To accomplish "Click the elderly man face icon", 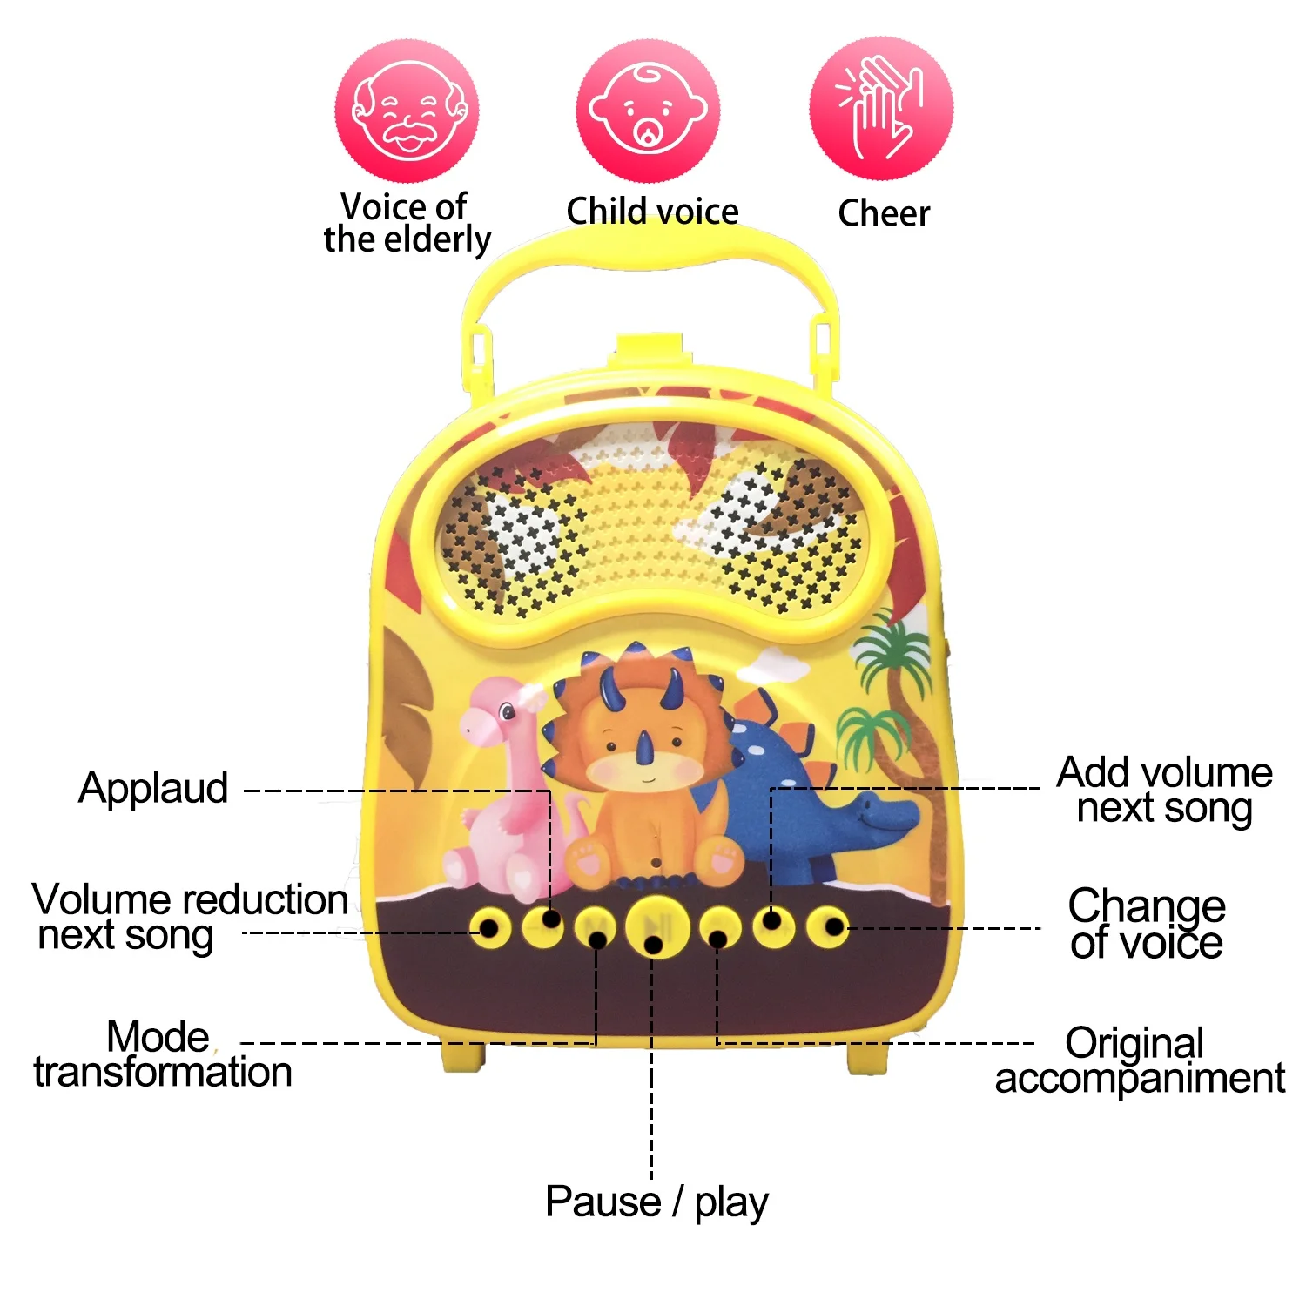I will (x=407, y=111).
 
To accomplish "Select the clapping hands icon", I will (x=881, y=109).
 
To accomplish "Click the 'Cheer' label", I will (x=883, y=213).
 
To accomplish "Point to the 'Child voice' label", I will (x=652, y=211).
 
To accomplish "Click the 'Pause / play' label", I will (x=656, y=1202).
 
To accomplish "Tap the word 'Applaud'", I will (x=153, y=789).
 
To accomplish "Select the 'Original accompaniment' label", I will (x=1139, y=1060).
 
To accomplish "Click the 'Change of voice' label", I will (x=1146, y=924).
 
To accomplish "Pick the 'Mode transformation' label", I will (x=163, y=1054).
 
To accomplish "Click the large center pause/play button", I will (x=656, y=926).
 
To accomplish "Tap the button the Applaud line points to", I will (x=543, y=926).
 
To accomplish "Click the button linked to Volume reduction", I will (x=489, y=927).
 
